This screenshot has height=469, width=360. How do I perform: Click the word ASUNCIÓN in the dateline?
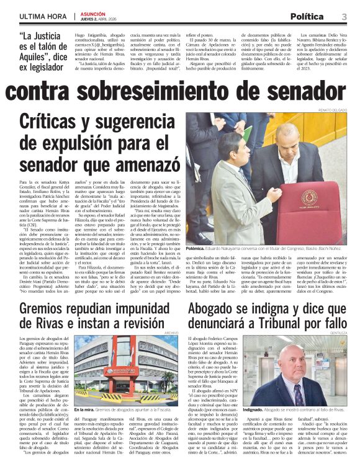93,12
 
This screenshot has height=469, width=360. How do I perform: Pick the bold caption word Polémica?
199,248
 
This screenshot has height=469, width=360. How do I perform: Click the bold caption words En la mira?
84,410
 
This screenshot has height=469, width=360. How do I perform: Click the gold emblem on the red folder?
308,197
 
